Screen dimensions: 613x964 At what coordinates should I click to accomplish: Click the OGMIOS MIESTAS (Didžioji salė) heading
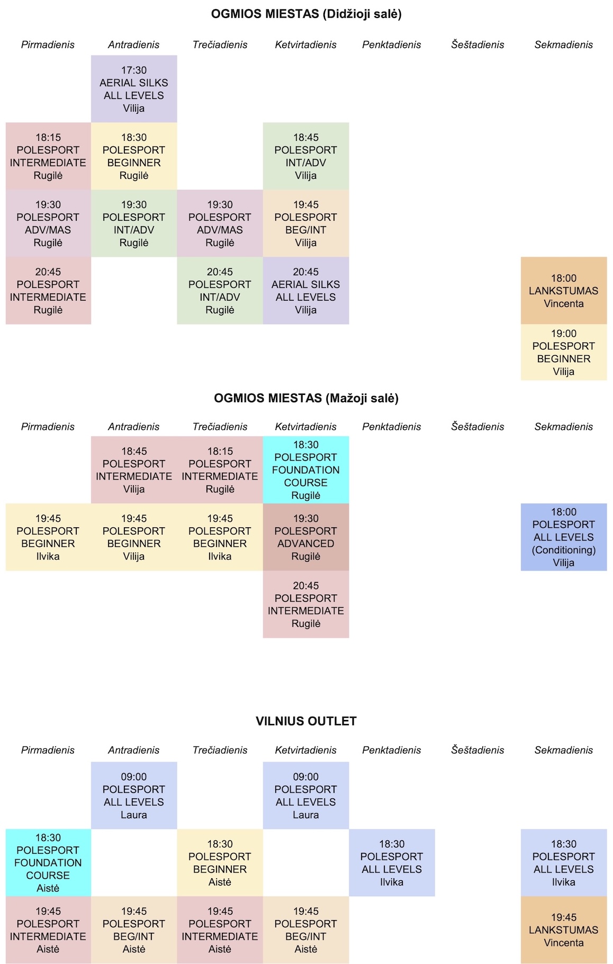pyautogui.click(x=306, y=14)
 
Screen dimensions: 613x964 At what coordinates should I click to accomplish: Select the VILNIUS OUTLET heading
pyautogui.click(x=306, y=721)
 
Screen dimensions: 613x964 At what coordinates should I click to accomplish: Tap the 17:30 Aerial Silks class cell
pyautogui.click(x=134, y=89)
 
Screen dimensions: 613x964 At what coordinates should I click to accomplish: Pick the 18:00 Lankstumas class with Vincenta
pyautogui.click(x=564, y=291)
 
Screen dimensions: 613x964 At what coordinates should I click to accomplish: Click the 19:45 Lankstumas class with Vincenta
pyautogui.click(x=564, y=930)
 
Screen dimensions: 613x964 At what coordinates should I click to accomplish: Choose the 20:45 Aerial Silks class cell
pyautogui.click(x=306, y=291)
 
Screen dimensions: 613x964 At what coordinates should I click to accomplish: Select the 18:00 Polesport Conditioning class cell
pyautogui.click(x=564, y=537)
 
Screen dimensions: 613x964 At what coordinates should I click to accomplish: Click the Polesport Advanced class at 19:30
pyautogui.click(x=306, y=537)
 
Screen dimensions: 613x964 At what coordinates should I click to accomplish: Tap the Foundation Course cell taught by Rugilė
pyautogui.click(x=306, y=470)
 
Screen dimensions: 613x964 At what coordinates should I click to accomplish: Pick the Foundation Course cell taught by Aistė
pyautogui.click(x=48, y=863)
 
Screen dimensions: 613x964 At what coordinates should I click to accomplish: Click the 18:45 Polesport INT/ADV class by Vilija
pyautogui.click(x=306, y=156)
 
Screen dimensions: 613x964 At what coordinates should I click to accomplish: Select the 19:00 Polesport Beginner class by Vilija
pyautogui.click(x=564, y=353)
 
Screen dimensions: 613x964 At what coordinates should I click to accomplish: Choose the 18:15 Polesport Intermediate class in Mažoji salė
pyautogui.click(x=220, y=470)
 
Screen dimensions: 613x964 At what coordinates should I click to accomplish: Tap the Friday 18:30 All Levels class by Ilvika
pyautogui.click(x=392, y=863)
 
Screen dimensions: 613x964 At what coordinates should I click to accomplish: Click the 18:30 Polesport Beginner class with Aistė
pyautogui.click(x=220, y=863)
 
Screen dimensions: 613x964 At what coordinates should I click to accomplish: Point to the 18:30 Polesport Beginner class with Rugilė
pyautogui.click(x=134, y=156)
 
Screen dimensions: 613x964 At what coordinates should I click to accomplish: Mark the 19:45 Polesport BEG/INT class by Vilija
pyautogui.click(x=306, y=223)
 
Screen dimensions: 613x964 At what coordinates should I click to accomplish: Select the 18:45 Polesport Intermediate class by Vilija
pyautogui.click(x=134, y=470)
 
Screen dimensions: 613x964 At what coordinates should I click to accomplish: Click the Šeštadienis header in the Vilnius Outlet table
pyautogui.click(x=477, y=750)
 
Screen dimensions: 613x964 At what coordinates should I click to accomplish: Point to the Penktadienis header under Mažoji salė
pyautogui.click(x=392, y=427)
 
